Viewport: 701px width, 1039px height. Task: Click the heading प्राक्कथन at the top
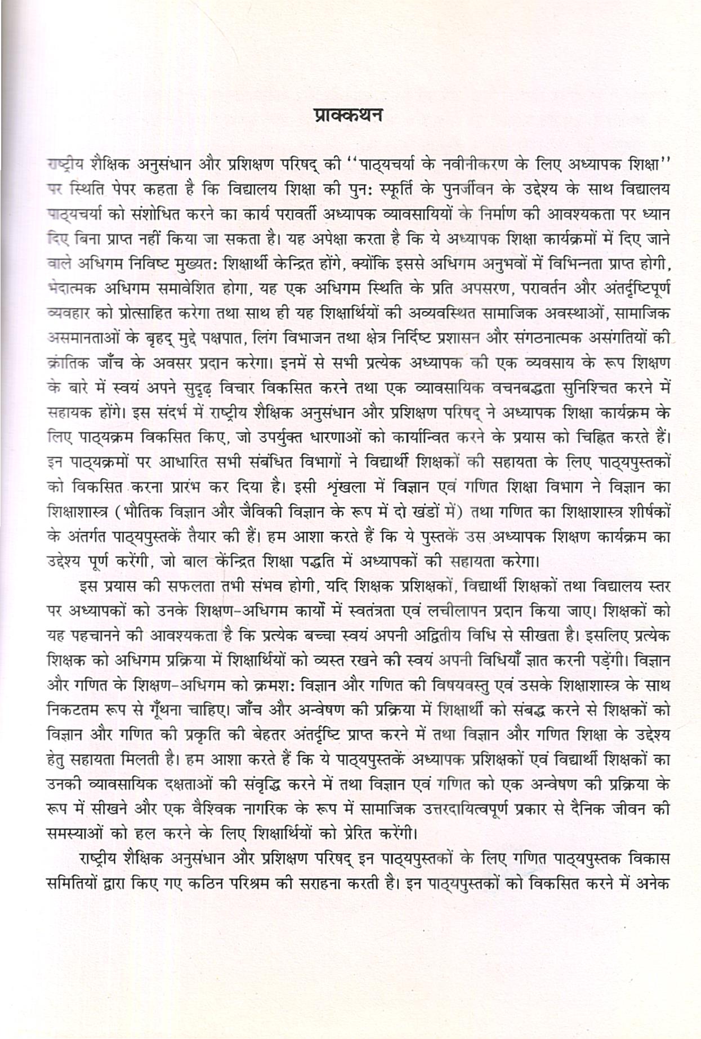[x=348, y=115]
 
